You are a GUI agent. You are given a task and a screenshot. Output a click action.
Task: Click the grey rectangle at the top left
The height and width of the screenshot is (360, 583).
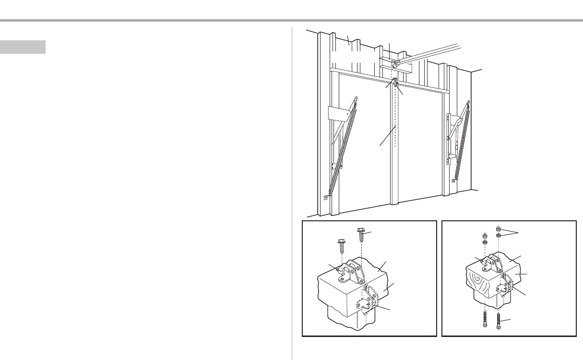click(x=23, y=47)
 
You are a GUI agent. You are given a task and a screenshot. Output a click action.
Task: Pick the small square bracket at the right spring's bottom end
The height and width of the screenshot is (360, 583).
click(x=453, y=181)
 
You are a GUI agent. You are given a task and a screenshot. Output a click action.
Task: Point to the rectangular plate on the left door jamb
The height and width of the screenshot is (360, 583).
click(x=339, y=113)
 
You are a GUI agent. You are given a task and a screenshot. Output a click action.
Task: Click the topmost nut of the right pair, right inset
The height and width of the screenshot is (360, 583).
click(x=499, y=228)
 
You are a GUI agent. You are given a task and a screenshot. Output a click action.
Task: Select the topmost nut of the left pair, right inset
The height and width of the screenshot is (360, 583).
click(x=485, y=236)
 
